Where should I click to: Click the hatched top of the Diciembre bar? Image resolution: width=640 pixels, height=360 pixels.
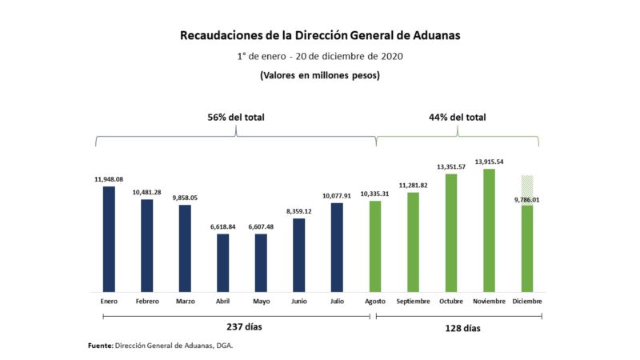coord(526,186)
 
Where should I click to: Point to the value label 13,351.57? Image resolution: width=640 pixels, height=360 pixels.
coord(451,166)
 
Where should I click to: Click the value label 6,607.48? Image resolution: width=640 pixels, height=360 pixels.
coord(261,226)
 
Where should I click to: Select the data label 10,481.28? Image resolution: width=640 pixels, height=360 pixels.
coord(146,192)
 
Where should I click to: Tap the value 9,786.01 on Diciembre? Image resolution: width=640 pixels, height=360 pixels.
coord(526,200)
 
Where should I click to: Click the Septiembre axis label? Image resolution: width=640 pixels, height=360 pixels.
coord(413,302)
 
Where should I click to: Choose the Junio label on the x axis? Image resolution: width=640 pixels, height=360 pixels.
coord(298,302)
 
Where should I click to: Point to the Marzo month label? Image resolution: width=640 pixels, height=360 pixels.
coord(185,302)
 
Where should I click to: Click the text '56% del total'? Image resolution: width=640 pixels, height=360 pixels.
coord(236,118)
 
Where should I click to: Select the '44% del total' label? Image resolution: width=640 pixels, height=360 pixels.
coord(458,118)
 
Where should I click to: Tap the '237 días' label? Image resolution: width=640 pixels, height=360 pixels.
coord(236,327)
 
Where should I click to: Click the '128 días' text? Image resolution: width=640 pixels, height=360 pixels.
coord(458,328)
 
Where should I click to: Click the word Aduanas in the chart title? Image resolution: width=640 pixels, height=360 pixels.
coord(433,36)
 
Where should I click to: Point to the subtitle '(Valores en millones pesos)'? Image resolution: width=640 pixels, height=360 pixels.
coord(319,75)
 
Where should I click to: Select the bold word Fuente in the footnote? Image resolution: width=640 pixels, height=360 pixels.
coord(100,346)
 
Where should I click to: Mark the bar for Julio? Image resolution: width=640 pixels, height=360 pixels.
coord(337,247)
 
